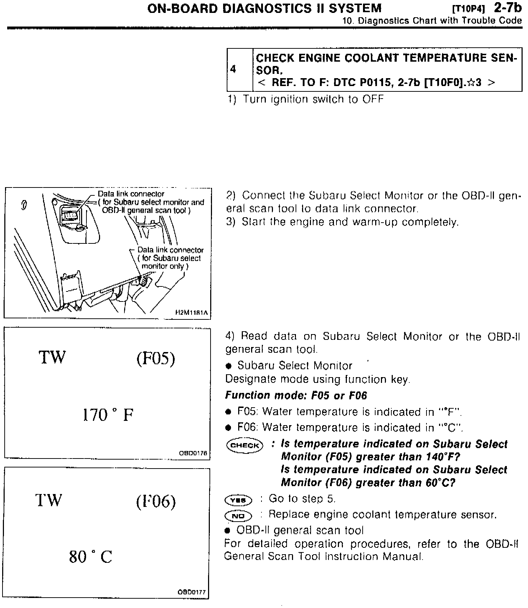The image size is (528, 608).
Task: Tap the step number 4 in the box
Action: pyautogui.click(x=233, y=69)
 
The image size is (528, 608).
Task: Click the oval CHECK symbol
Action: pyautogui.click(x=245, y=445)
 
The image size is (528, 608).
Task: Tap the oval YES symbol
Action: pyautogui.click(x=238, y=499)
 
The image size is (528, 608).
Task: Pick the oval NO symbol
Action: pyautogui.click(x=238, y=516)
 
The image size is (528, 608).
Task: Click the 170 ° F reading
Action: pyautogui.click(x=108, y=415)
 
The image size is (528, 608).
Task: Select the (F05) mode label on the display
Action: pyautogui.click(x=156, y=358)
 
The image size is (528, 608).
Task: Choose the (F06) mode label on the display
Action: pyautogui.click(x=156, y=502)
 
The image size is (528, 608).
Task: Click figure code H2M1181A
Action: pyautogui.click(x=191, y=313)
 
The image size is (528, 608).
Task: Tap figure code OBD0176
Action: pyautogui.click(x=193, y=453)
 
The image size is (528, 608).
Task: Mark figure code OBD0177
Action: pyautogui.click(x=192, y=592)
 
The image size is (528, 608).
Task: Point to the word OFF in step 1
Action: pyautogui.click(x=373, y=99)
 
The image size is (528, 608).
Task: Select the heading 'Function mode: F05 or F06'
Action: pyautogui.click(x=296, y=395)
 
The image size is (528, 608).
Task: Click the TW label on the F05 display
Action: pyautogui.click(x=52, y=357)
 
